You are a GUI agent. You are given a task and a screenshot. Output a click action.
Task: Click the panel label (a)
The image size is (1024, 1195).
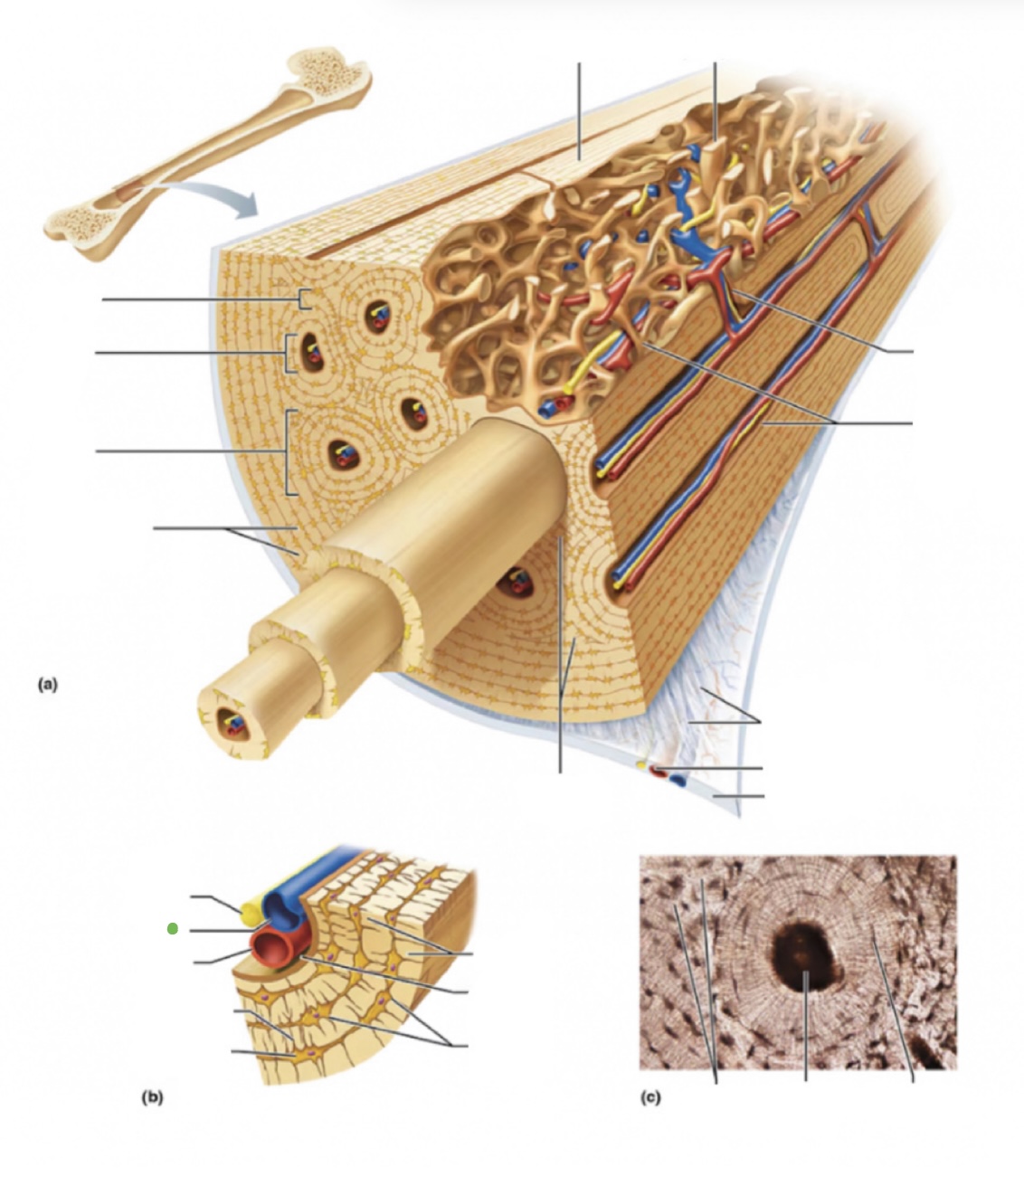click(47, 684)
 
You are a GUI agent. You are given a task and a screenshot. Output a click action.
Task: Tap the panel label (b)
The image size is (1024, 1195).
click(152, 1097)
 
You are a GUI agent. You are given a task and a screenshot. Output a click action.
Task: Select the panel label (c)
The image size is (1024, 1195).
click(650, 1097)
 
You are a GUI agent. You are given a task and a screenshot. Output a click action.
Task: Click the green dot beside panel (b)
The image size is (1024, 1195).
click(173, 928)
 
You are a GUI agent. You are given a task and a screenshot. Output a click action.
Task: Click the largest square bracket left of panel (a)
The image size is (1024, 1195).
click(289, 452)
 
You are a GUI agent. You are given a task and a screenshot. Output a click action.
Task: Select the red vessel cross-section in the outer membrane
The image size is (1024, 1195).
click(658, 772)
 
